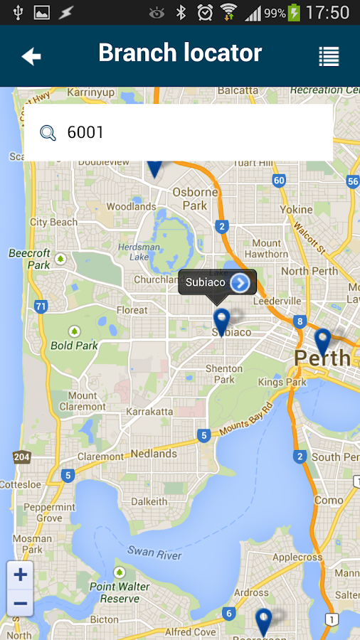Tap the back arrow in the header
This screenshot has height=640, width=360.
31,57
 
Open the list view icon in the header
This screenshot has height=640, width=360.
329,57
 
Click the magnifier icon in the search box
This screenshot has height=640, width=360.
48,133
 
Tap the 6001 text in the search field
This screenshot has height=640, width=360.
85,133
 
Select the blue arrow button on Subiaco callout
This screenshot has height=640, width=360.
240,283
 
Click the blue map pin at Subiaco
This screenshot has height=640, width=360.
221,321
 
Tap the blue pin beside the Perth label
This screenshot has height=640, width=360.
322,341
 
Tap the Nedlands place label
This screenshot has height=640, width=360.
154,454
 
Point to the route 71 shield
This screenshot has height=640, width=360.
41,307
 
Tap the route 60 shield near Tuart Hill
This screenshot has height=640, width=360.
279,181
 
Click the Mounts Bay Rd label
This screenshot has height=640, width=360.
246,421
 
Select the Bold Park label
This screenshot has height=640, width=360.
74,346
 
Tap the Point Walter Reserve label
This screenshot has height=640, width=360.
120,592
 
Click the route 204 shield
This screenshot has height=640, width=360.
21,457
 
